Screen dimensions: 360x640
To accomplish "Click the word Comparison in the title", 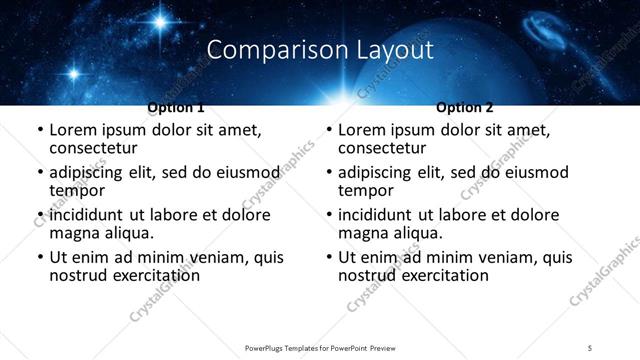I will point(266,49).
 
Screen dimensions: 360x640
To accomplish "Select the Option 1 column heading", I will point(176,107).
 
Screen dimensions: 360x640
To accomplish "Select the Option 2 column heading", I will point(465,107).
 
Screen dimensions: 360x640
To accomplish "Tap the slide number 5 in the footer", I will point(590,347).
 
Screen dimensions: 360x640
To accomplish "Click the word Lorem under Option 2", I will point(363,130).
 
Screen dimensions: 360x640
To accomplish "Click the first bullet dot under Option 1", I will point(40,131).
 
